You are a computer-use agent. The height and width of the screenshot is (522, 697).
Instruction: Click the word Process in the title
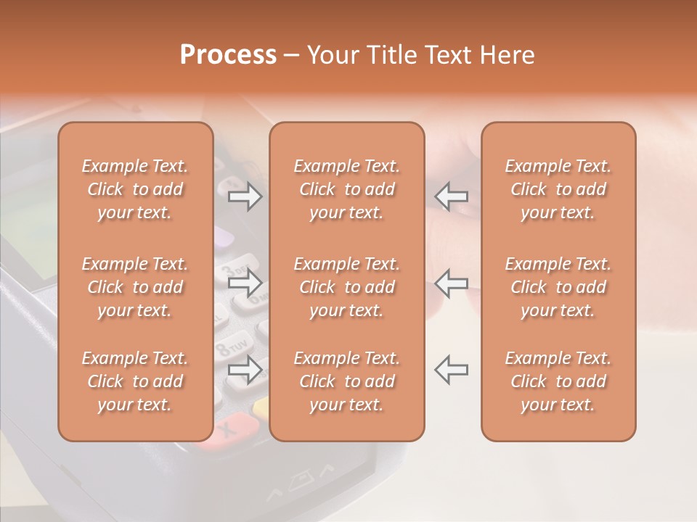[228, 55]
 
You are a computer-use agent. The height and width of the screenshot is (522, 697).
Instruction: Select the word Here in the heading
[507, 55]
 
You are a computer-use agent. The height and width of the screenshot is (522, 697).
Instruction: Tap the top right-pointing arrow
[245, 196]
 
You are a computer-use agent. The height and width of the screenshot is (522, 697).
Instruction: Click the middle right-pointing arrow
[245, 283]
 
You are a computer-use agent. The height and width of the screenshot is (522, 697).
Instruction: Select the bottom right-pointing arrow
[245, 370]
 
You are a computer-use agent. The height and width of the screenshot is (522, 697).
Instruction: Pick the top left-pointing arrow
[451, 196]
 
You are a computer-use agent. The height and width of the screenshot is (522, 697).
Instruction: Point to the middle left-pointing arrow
[451, 283]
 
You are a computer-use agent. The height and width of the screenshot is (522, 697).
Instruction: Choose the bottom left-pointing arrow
[451, 370]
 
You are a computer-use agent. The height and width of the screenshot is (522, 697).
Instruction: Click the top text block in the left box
[135, 189]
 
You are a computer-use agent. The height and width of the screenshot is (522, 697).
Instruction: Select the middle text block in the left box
[135, 287]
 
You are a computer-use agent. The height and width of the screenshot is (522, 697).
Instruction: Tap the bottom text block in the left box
[135, 381]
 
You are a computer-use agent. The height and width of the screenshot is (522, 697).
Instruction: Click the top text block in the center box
[347, 189]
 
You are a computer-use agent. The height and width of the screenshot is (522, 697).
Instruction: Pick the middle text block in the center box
[347, 287]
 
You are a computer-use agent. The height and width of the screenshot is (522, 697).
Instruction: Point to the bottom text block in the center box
[347, 381]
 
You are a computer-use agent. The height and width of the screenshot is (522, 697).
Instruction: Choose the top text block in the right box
[558, 189]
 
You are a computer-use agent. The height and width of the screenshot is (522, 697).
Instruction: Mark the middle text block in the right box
[558, 287]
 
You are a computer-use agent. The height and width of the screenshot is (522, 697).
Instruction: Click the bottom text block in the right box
[558, 381]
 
